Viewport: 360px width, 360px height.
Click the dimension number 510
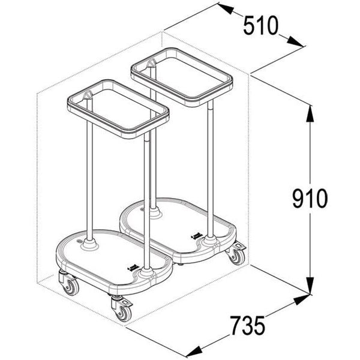262,25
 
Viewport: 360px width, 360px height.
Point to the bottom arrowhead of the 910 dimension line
310,286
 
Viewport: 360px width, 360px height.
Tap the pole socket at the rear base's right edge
211,239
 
